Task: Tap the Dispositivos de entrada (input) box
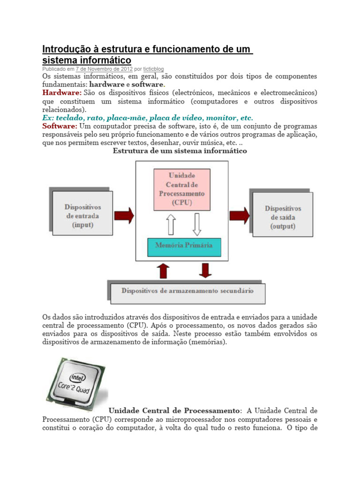click(82, 215)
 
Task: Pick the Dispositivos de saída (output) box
click(283, 217)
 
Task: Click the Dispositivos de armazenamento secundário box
click(187, 291)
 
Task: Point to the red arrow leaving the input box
click(124, 216)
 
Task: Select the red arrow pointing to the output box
click(240, 216)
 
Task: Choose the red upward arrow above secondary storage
click(163, 271)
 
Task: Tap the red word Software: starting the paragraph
click(60, 127)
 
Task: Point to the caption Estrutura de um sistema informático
click(180, 151)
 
